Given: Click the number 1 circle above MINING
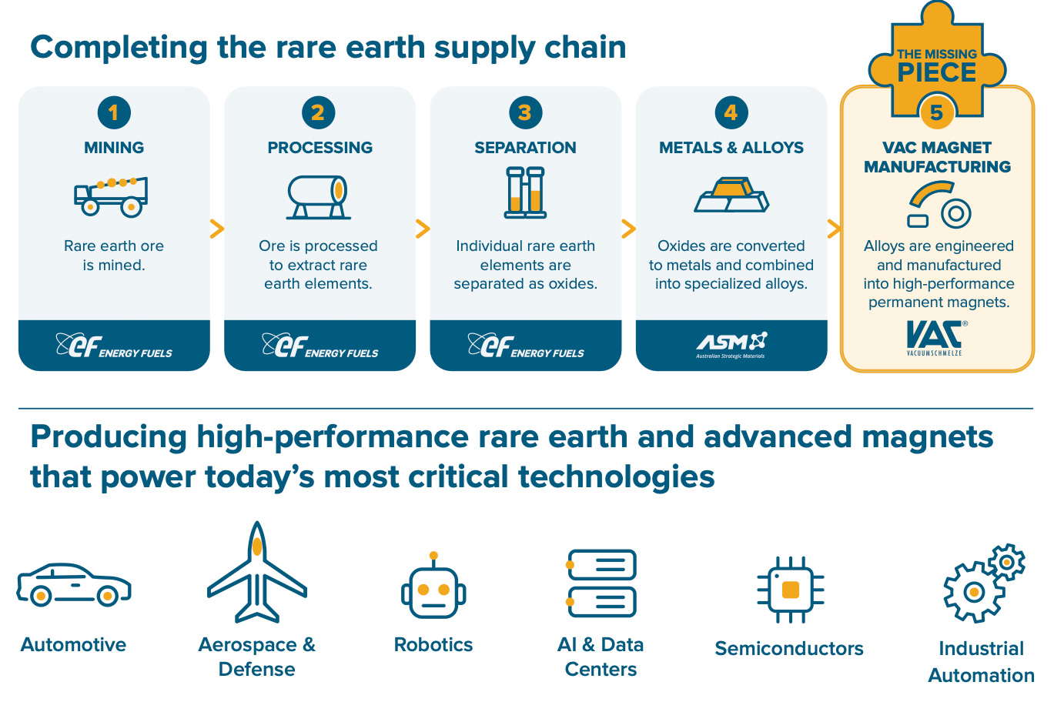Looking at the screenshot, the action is coord(114,112).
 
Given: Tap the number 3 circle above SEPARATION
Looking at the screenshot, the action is coord(525,112).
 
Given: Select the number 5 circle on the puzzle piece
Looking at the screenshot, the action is coord(937,112).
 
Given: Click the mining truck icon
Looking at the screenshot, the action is coord(111,196).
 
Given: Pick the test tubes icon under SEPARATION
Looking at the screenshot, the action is coord(525,192).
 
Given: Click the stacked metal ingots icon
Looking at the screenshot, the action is coord(731,195).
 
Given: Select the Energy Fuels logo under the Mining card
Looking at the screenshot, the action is coord(114,346).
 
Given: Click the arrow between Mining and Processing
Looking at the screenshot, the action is coord(216,229).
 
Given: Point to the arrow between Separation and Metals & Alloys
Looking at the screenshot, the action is coord(628,229).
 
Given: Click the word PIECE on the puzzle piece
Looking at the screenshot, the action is coord(937,72).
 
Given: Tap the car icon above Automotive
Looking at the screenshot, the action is coord(74,585).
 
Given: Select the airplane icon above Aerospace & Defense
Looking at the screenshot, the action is coord(257,573).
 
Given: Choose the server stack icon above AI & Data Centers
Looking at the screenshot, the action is coord(601,583).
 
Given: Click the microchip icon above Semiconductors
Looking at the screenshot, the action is coord(791,590).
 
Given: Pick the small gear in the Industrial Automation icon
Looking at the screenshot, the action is coord(1006,563).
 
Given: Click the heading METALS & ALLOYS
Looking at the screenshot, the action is coord(731,148).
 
